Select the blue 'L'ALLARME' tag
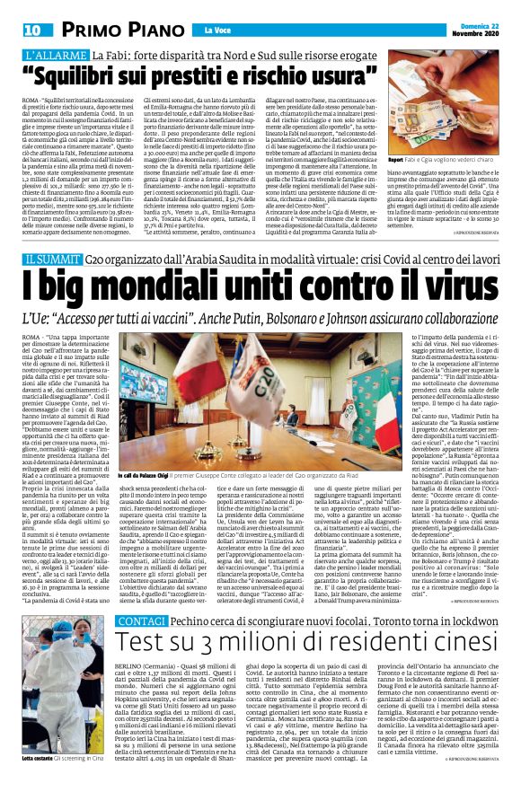[54, 56]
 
